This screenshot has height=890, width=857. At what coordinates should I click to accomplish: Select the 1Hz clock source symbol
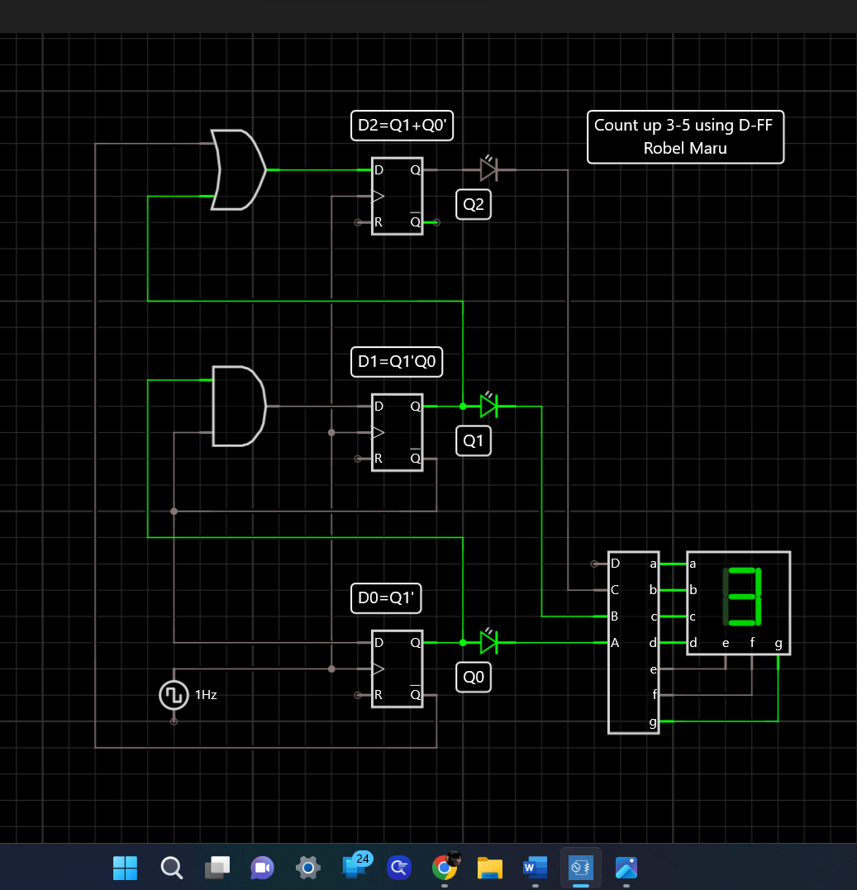[174, 695]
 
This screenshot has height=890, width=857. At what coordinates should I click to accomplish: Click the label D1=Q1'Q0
[397, 362]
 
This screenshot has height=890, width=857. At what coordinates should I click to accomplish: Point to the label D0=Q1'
[387, 597]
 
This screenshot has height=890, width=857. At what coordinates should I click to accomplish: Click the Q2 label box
[474, 205]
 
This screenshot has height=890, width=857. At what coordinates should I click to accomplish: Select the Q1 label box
[474, 441]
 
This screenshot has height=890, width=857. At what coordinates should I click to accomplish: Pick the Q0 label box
[474, 678]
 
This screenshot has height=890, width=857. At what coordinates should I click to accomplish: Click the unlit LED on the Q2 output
[488, 169]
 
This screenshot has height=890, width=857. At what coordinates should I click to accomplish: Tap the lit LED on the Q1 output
[488, 406]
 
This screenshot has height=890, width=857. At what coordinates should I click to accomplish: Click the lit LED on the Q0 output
[488, 642]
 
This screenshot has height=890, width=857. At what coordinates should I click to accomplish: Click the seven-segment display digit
[741, 597]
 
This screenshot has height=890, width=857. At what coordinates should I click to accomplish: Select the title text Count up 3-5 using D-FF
[685, 126]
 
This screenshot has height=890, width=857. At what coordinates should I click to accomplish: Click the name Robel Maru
[685, 149]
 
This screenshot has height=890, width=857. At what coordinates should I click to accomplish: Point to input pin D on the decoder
[614, 564]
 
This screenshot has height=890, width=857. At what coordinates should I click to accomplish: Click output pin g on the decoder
[654, 721]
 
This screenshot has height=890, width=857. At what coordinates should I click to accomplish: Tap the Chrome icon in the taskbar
[445, 867]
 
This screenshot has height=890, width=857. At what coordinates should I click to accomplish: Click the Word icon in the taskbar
[535, 867]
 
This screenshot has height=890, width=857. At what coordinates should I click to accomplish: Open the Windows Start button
[125, 867]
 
